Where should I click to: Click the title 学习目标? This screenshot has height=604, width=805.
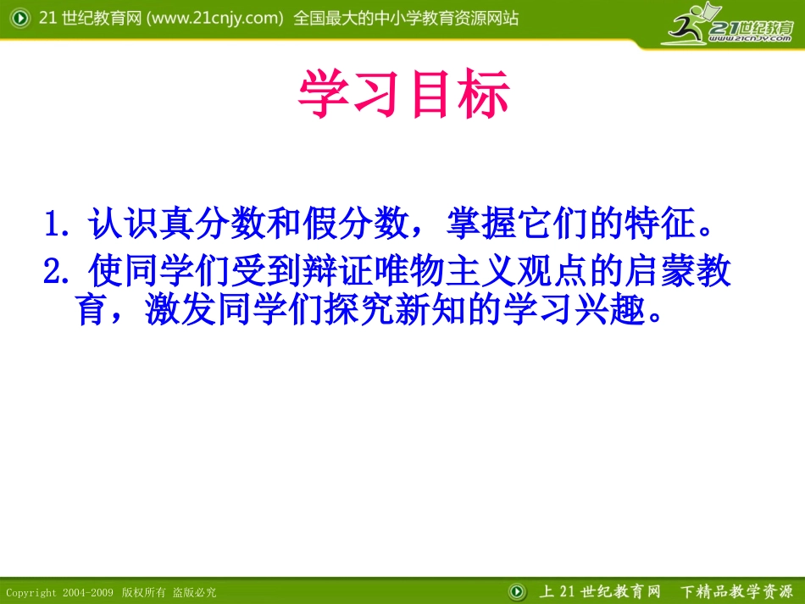(403, 95)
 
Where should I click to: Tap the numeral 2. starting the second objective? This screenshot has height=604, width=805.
(60, 272)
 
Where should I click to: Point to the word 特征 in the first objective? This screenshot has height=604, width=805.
(658, 226)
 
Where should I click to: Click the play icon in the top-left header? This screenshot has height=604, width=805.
(18, 19)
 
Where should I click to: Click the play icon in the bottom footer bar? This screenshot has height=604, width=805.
(517, 590)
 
